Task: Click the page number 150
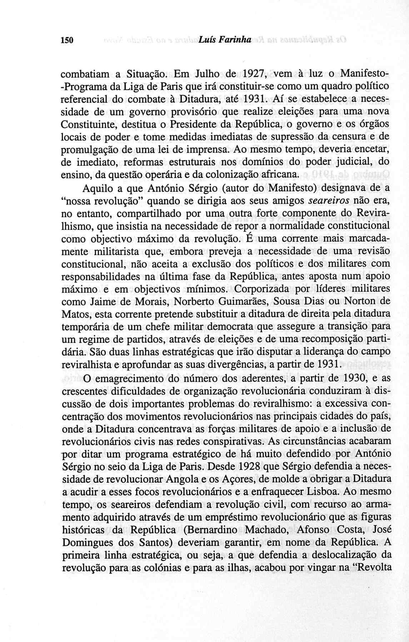pos(67,40)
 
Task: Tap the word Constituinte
pos(90,125)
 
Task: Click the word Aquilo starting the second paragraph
pos(98,188)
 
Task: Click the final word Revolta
pos(373,567)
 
